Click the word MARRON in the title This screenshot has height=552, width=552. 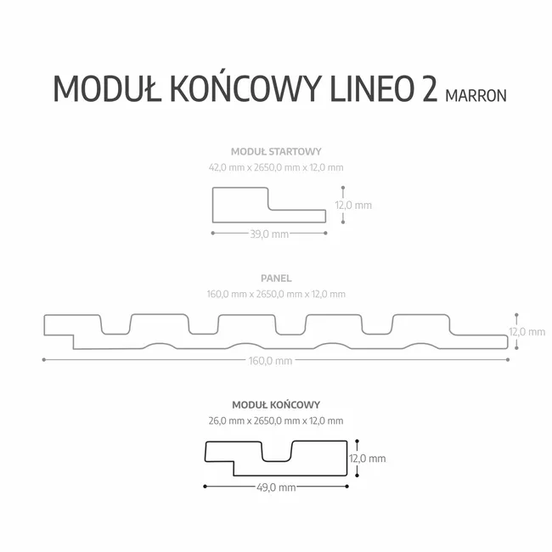(476, 96)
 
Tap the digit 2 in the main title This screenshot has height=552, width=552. (429, 88)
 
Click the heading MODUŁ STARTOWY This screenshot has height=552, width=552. (276, 152)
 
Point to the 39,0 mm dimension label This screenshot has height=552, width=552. (269, 234)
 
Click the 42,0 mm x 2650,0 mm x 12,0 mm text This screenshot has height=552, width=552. (276, 167)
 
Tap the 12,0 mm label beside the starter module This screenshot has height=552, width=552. (353, 206)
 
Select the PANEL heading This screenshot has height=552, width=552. (276, 279)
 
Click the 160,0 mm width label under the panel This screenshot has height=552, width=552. (270, 361)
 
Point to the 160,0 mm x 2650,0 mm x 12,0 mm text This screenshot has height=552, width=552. (276, 294)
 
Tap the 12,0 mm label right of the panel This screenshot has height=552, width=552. (527, 331)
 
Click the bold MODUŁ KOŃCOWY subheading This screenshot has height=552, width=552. (276, 405)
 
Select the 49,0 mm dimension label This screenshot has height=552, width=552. (276, 487)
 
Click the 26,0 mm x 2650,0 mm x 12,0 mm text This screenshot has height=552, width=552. (276, 420)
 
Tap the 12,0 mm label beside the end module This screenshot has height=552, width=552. (368, 459)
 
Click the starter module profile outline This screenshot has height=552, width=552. (213, 205)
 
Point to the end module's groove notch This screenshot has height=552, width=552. (277, 461)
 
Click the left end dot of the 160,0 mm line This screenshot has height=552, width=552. (43, 360)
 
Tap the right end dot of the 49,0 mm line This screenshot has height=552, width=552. (347, 487)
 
